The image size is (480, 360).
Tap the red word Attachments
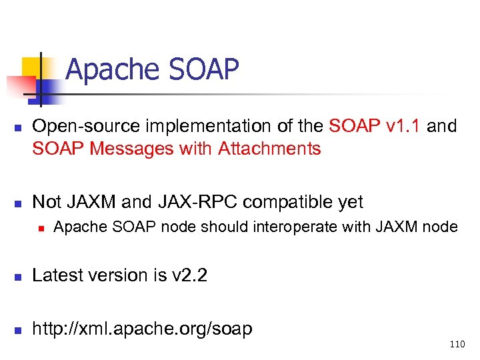(x=270, y=148)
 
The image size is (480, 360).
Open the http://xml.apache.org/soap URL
(x=143, y=328)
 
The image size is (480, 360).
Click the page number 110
(x=457, y=345)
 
